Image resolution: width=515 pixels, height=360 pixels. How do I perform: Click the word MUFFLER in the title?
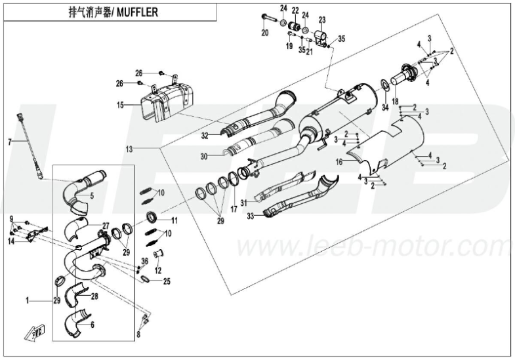140,12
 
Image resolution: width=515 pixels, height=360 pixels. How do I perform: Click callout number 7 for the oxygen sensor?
9,142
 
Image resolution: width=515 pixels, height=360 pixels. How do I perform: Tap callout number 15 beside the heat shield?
120,105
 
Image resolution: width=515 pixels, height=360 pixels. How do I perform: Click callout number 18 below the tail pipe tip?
395,101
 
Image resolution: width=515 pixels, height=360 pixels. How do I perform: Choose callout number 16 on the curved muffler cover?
339,160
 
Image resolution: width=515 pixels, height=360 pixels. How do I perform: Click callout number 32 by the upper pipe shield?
205,135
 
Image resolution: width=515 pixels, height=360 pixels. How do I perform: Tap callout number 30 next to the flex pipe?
204,156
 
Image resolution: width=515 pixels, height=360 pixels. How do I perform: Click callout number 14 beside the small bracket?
11,241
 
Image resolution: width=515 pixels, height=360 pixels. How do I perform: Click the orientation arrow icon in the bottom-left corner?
37,332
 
